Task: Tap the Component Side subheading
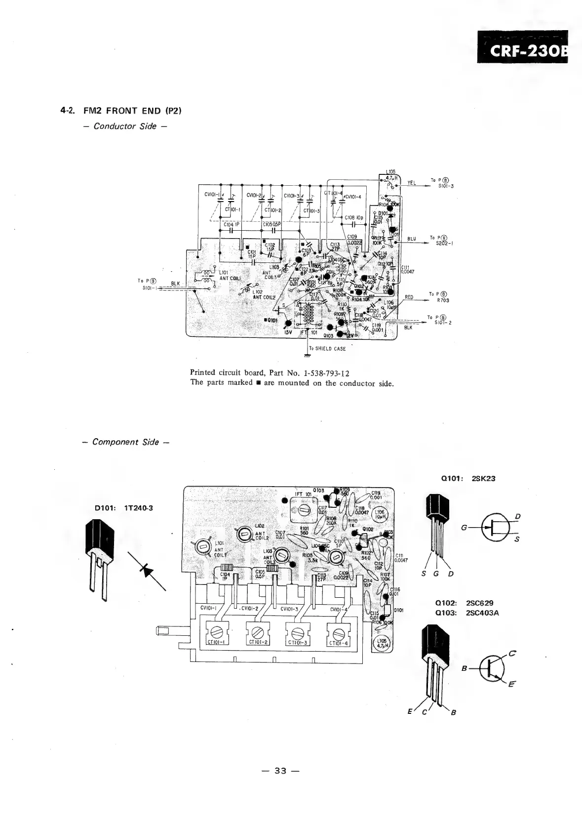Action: [125, 442]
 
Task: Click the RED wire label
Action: [409, 297]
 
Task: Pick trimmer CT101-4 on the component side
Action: [338, 633]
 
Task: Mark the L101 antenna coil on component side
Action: [202, 546]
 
